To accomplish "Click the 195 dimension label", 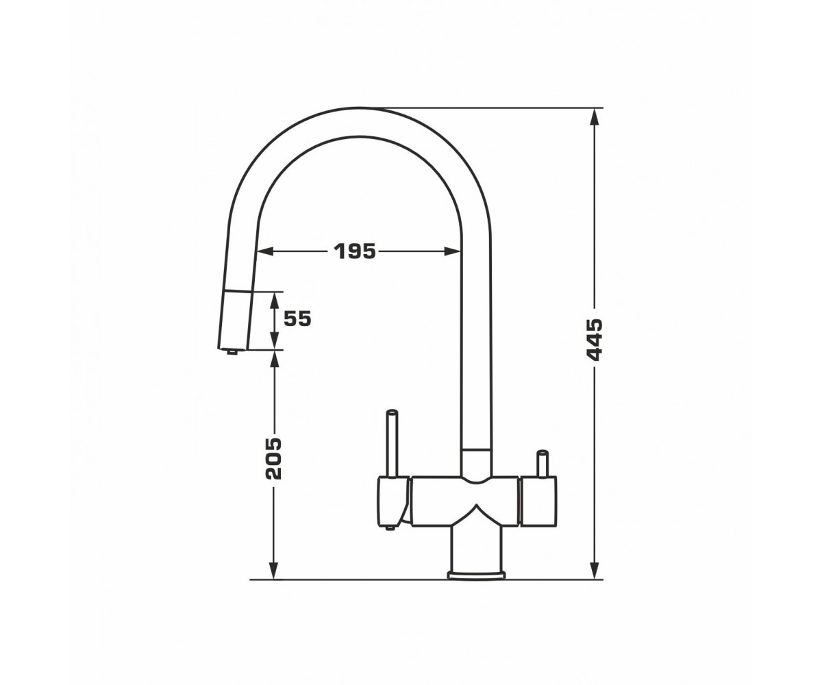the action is coord(355,251).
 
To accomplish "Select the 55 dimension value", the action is coord(297,319).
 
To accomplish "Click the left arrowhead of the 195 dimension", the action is coord(265,251).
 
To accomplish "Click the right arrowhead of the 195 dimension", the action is coord(452,251).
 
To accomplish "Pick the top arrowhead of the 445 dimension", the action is coord(595,117).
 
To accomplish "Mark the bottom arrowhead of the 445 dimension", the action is coord(595,571).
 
